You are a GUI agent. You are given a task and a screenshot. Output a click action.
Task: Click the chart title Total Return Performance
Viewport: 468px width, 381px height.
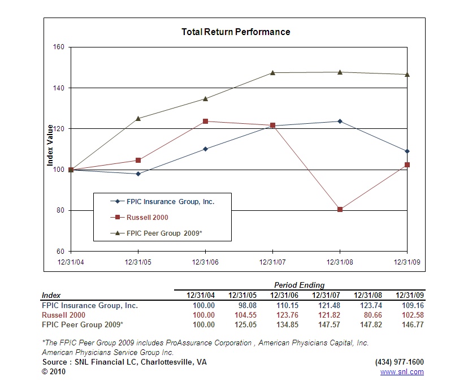[236, 32]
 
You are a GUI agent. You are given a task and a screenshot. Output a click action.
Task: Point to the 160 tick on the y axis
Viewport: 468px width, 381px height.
[59, 47]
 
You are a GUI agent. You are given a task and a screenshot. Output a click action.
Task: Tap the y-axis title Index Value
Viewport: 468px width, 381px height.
[50, 146]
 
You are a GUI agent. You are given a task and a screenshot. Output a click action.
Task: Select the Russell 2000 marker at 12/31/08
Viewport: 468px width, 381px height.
[340, 210]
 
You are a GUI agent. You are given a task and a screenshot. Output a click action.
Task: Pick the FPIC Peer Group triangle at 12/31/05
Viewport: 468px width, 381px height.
[138, 118]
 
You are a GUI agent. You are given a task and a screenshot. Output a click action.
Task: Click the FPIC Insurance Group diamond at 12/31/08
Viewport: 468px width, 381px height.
[340, 121]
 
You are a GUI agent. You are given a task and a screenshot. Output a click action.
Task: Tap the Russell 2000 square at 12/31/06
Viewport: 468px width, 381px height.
[205, 121]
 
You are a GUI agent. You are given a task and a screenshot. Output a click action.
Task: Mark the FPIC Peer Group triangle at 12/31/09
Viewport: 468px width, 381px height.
[407, 74]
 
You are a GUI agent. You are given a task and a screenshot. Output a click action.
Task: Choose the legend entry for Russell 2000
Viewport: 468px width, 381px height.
[147, 217]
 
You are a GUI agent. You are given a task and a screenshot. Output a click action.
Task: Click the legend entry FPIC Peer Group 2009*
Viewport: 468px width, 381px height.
[164, 233]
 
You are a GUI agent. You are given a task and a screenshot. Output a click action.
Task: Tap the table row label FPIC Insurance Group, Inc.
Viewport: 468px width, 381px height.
[90, 305]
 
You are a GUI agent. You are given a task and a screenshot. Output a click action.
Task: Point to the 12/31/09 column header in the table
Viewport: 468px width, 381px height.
[409, 295]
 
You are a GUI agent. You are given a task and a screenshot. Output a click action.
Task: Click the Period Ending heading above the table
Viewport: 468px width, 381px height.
[300, 285]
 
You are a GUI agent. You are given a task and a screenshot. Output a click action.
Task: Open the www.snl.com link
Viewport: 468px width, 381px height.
[402, 372]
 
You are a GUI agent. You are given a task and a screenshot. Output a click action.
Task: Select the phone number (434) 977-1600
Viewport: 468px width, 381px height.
[399, 362]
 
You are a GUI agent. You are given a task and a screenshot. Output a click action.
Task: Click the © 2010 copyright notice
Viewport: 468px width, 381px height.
[54, 372]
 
